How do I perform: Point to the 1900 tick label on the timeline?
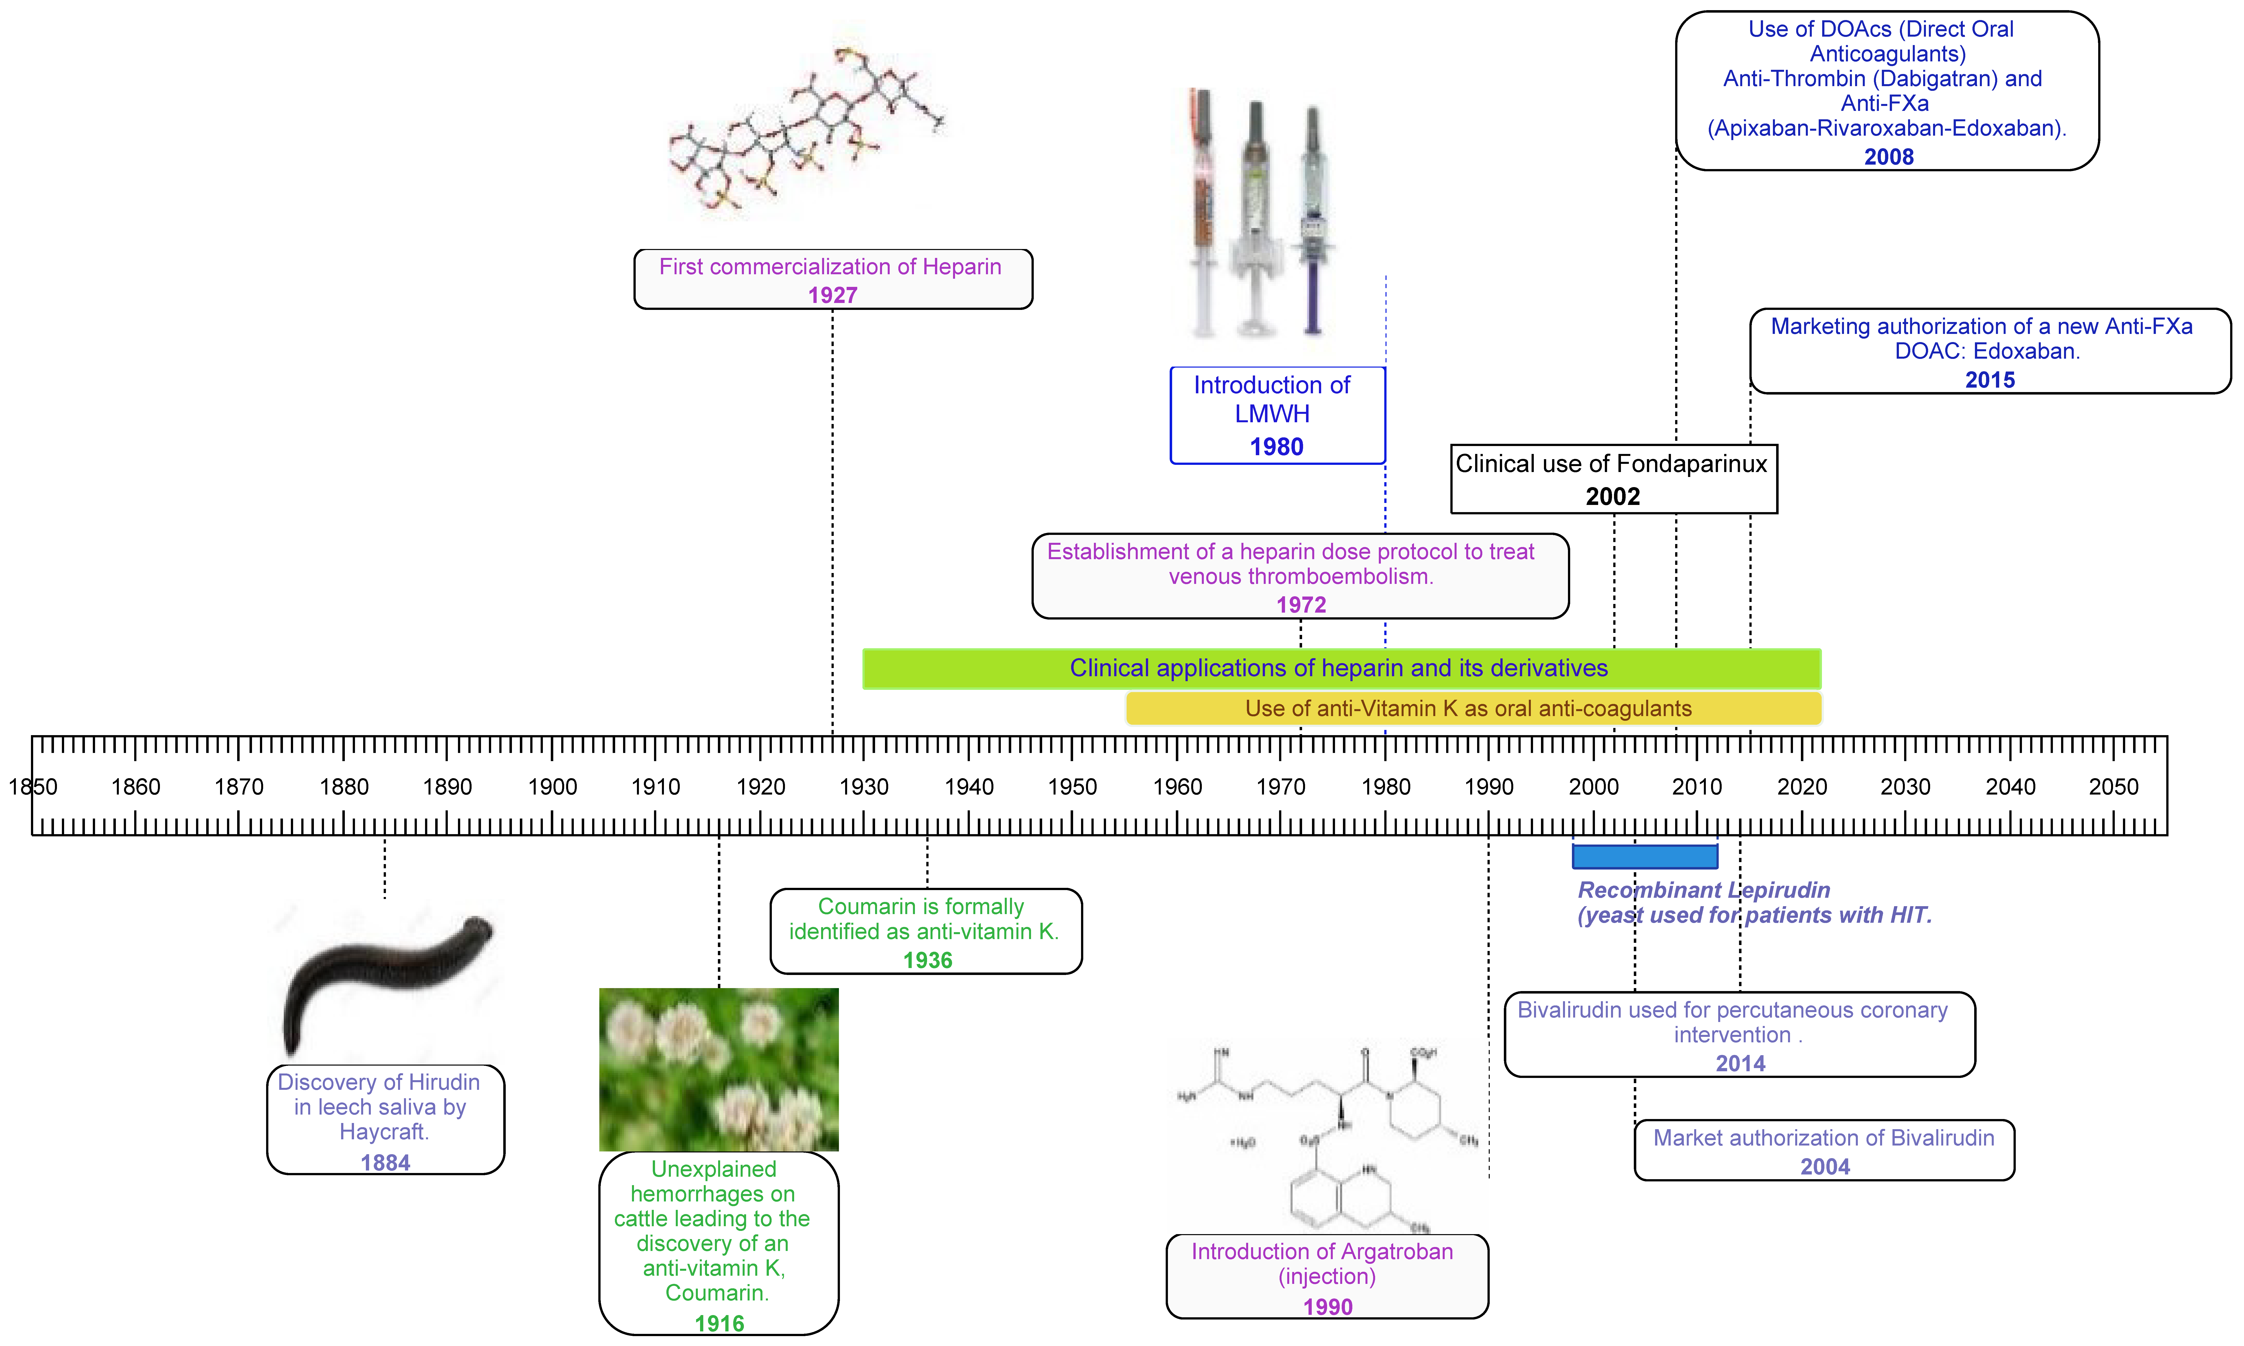coord(552,786)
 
